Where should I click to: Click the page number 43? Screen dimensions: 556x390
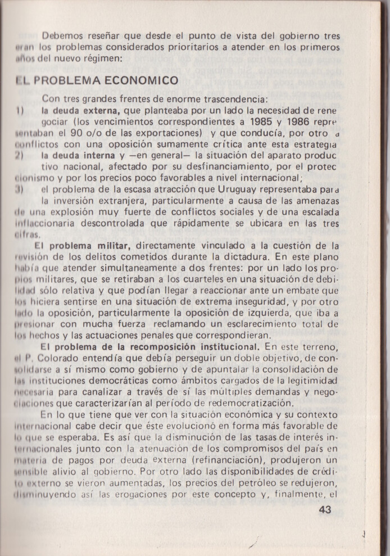click(325, 510)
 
